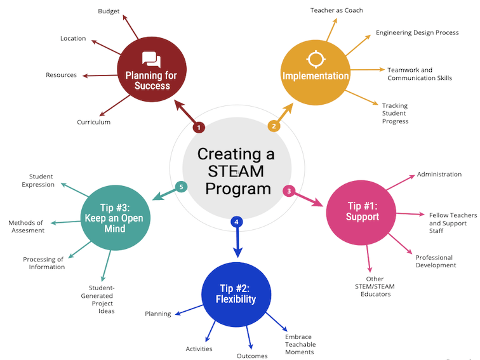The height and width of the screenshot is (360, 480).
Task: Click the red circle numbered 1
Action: point(199,128)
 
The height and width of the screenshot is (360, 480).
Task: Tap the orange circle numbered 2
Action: point(274,126)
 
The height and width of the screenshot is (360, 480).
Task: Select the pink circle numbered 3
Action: point(288,190)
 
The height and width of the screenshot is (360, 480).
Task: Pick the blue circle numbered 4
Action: point(236,222)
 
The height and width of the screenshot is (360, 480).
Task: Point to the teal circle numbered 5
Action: point(181,187)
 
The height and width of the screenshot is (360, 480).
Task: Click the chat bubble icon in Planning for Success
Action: point(152,60)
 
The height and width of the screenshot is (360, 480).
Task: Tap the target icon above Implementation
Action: point(315,59)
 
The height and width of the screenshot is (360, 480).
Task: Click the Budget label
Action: point(109,11)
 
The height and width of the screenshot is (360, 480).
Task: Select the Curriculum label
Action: point(94,122)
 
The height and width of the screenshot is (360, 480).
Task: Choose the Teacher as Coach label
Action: point(337,10)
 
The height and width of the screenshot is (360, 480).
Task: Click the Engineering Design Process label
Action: point(417,32)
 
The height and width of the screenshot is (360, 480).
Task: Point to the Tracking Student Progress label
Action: point(396,113)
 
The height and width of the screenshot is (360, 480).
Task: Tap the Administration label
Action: point(439,175)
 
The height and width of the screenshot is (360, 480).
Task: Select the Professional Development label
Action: point(436,261)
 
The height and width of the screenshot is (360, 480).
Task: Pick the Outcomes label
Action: point(252,356)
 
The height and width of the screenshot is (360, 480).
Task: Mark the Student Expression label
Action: point(42,180)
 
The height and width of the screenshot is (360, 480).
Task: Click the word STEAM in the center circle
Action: point(236,171)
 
